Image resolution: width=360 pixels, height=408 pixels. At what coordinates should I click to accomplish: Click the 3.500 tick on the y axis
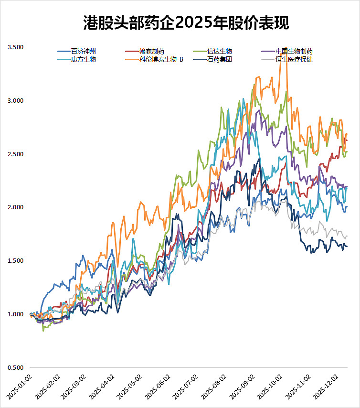click(15, 47)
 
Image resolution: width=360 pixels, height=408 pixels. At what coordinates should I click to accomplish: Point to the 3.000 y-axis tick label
click(15, 101)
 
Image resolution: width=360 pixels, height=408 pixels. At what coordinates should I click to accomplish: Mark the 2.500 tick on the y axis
click(15, 154)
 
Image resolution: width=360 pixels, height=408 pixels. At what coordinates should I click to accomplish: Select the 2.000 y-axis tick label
click(15, 207)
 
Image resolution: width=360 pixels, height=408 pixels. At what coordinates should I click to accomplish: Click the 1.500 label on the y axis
click(15, 261)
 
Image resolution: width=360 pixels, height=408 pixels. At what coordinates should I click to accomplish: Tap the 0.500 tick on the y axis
click(15, 368)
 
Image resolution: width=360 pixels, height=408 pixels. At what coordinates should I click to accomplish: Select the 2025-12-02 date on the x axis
click(320, 388)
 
